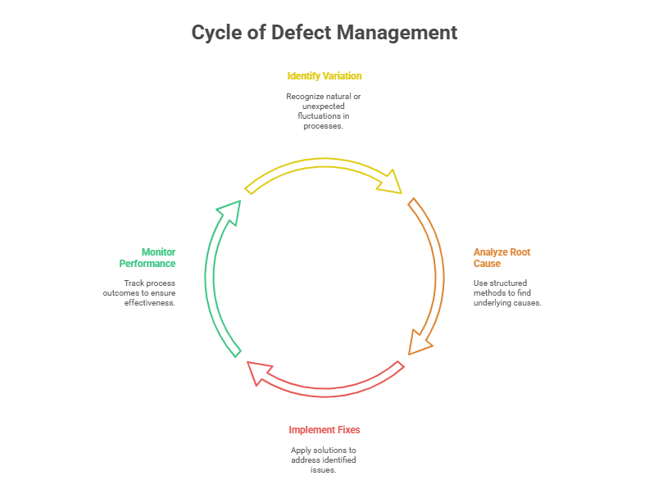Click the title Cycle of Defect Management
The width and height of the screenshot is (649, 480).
(x=324, y=33)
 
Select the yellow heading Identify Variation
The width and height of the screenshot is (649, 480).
(x=324, y=76)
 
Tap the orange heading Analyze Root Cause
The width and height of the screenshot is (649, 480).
(x=501, y=257)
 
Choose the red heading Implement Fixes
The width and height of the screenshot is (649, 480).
(x=324, y=430)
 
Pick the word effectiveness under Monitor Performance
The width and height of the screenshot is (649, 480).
(x=152, y=303)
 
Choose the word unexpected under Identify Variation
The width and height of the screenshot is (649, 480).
(x=324, y=106)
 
